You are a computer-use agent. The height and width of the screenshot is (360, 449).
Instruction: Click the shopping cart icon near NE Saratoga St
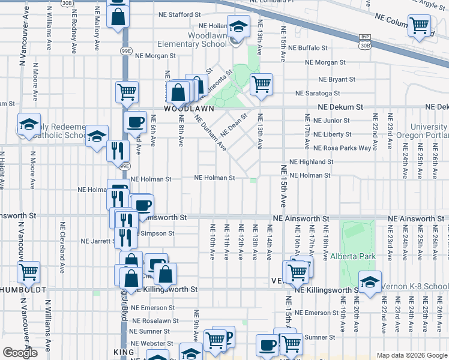pos(261,83)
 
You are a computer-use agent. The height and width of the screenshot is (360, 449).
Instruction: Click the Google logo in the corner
pos(20,353)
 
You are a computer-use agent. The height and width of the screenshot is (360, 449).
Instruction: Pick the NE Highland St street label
pos(311,162)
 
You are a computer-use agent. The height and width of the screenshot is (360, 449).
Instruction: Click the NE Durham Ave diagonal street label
pos(211,132)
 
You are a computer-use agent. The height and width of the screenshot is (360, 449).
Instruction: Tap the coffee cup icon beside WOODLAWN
pos(134,122)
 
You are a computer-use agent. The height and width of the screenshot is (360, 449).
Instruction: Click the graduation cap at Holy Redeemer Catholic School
pos(28,124)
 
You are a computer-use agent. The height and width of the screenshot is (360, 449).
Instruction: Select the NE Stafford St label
pos(179,14)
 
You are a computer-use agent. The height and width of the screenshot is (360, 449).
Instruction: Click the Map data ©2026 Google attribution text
pos(411,355)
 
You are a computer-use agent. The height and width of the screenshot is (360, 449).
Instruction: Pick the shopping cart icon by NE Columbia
pos(419,25)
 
